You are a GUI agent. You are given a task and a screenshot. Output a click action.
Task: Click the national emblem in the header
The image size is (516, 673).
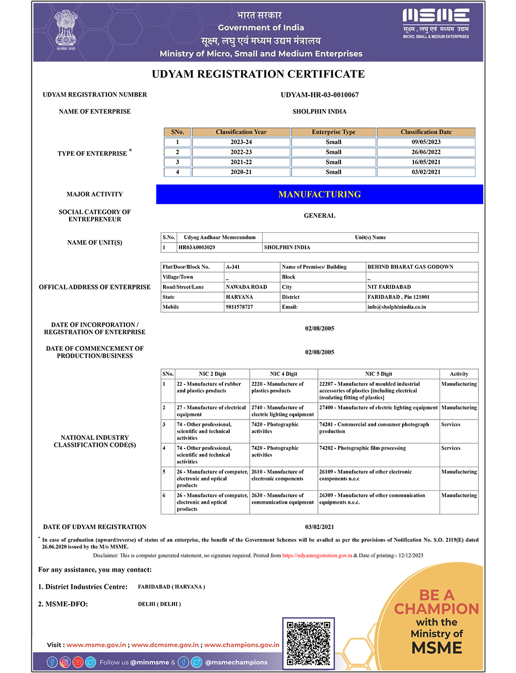point(66,29)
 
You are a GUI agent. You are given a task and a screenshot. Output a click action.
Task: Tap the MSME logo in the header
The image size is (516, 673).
point(436,23)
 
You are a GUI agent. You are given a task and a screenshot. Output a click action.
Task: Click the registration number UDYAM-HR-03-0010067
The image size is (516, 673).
point(319,95)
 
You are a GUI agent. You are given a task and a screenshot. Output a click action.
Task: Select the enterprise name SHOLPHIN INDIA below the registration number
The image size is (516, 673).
point(319,111)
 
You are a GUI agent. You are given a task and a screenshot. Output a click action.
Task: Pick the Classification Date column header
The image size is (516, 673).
point(426,132)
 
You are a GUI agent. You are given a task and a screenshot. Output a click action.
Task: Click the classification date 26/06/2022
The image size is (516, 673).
point(426,152)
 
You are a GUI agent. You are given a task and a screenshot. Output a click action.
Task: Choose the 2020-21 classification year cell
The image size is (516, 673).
point(241,172)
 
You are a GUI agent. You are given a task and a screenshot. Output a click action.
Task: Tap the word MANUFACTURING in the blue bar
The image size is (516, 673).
point(319,195)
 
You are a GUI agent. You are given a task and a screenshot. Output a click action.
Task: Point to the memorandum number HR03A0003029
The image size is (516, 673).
point(197,248)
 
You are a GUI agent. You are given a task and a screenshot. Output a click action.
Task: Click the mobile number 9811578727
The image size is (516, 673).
point(239,307)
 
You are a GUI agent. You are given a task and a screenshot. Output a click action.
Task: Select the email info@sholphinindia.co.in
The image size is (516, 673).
point(396,307)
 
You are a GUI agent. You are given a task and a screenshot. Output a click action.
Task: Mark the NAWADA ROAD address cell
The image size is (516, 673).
point(246,287)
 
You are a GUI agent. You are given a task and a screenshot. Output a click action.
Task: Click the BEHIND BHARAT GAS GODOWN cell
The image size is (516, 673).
point(410,267)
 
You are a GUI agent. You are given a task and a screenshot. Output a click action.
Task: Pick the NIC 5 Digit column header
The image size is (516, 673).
point(379,374)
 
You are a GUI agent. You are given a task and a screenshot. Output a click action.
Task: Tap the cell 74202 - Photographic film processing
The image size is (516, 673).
point(362,448)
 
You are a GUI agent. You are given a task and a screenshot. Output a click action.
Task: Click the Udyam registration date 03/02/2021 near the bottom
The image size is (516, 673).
point(319,527)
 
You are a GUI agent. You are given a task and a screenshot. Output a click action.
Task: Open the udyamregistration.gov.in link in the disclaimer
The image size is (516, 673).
point(317,556)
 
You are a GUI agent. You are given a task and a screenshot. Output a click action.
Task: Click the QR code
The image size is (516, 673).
point(308,643)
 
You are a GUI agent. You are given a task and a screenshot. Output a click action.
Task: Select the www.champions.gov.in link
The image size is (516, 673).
point(241,645)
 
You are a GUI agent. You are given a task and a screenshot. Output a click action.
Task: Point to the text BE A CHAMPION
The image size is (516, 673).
point(437,602)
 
